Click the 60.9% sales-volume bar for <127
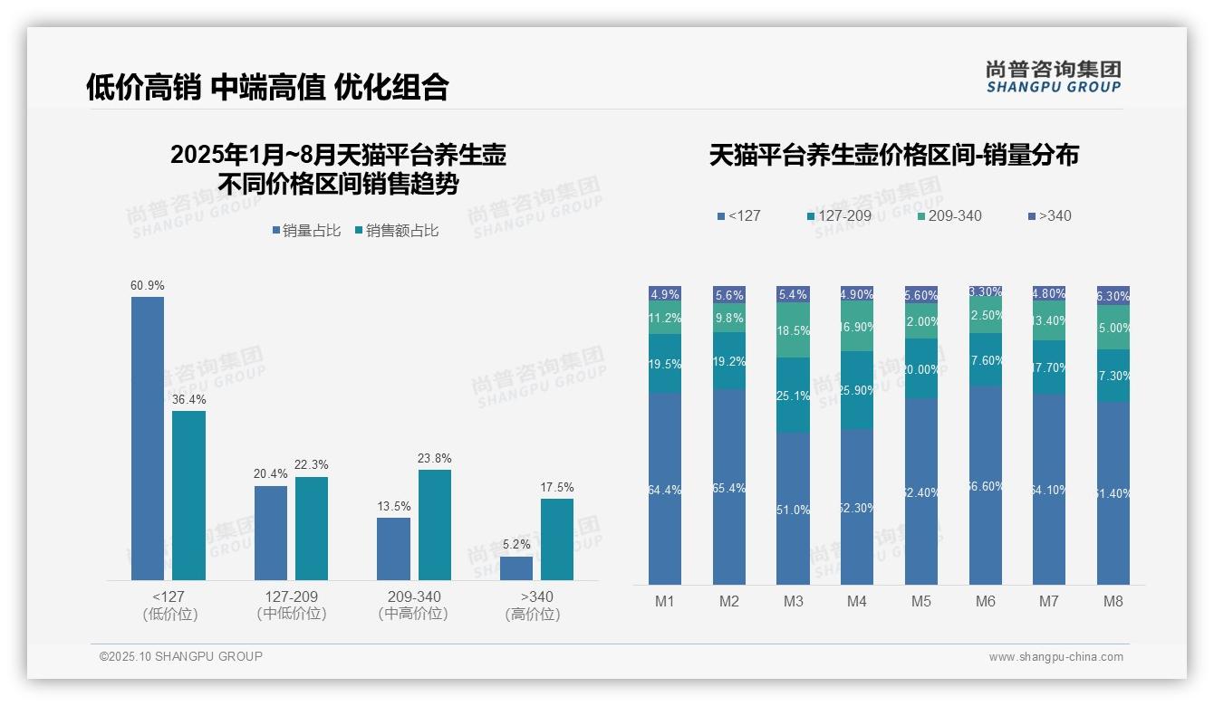click(x=148, y=438)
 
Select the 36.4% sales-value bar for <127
click(x=188, y=495)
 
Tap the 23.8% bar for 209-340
click(x=435, y=524)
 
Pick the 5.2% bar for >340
click(x=516, y=568)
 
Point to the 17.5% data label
click(x=557, y=487)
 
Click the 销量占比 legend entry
click(x=306, y=231)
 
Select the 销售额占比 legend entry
click(x=397, y=231)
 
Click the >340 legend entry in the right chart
click(x=1049, y=215)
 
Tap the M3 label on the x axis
click(x=793, y=601)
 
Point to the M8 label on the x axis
click(x=1113, y=601)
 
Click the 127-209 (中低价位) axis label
click(x=292, y=605)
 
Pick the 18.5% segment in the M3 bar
click(x=793, y=330)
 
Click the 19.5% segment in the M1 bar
click(x=665, y=363)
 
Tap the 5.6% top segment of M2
click(x=729, y=294)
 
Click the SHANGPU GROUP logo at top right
click(x=1053, y=77)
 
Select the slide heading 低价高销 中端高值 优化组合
click(x=267, y=87)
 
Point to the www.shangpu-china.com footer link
click(x=1055, y=657)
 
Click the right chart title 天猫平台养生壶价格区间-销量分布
click(x=893, y=156)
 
